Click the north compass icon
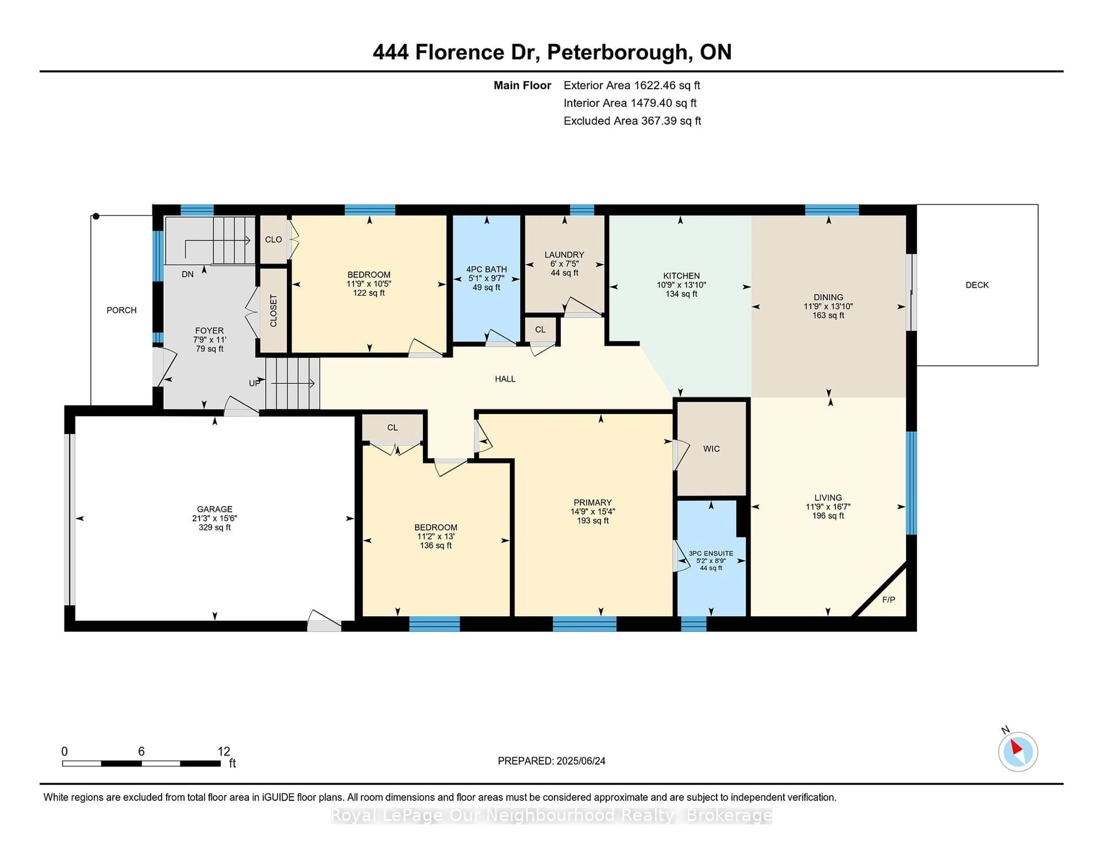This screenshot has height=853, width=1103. tap(1018, 752)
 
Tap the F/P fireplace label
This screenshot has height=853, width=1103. tap(889, 600)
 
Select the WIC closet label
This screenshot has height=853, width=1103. tap(711, 449)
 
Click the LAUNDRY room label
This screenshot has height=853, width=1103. tap(564, 255)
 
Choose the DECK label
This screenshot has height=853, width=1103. tap(977, 285)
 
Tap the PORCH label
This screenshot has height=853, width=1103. tap(121, 310)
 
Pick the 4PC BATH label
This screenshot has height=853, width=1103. tap(486, 269)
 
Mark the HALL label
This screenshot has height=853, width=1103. tap(505, 379)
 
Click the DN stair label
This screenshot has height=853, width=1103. tap(187, 274)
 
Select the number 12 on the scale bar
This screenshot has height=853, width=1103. tap(224, 752)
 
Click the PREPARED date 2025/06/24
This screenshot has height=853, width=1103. tap(581, 761)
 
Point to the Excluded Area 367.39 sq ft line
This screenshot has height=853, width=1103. tap(632, 121)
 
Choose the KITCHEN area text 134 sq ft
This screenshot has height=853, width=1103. tap(681, 294)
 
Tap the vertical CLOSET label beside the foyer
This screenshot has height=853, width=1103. tap(273, 311)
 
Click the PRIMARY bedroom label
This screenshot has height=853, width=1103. tap(592, 502)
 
